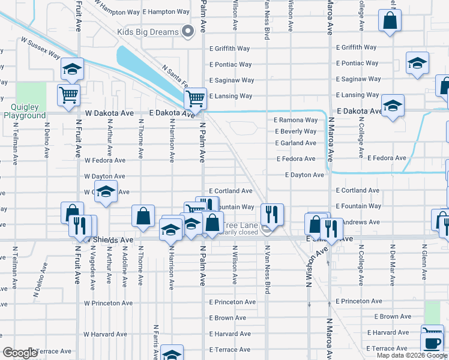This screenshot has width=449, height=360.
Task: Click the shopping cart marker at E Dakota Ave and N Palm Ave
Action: [195, 98]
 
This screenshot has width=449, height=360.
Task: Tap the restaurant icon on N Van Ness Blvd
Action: [272, 214]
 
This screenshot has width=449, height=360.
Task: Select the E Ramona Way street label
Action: [295, 119]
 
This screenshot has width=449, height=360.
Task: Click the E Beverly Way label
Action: [295, 131]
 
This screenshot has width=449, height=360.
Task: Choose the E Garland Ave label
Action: [295, 143]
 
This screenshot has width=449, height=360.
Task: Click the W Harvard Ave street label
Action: [105, 334]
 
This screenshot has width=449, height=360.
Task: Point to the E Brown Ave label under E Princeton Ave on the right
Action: [393, 316]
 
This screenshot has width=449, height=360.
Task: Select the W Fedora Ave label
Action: [105, 161]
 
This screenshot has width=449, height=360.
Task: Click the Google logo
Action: [20, 353]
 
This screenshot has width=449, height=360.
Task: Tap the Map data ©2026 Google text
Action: [412, 355]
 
